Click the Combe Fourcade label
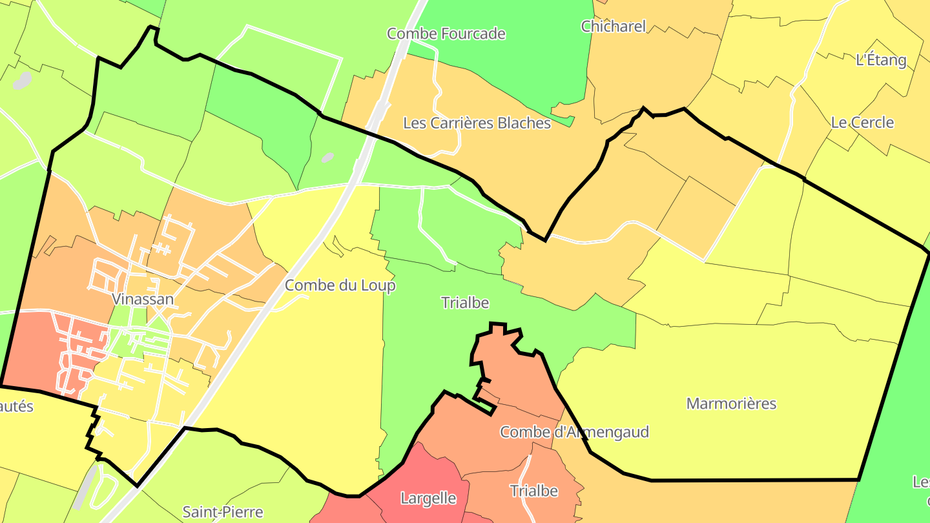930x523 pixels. pos(446,34)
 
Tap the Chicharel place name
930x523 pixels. pos(613,26)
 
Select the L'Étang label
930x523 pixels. pos(881,60)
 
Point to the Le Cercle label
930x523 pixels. pos(862,122)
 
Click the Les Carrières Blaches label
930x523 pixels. pos(477,123)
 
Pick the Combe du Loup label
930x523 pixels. pos(340,285)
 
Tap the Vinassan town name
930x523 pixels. pos(143,299)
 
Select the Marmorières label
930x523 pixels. pos(731,404)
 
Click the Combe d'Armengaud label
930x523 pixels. pos(574,432)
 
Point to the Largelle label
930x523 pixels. pos(428,498)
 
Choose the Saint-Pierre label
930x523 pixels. pos(223,512)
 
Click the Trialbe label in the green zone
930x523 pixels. pos(465,302)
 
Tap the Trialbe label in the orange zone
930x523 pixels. pos(533,491)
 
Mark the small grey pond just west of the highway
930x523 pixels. pos(327,158)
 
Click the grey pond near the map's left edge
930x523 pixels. pos(22,81)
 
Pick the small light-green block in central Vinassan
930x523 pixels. pos(119,342)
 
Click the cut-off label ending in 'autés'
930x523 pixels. pos(16,407)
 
